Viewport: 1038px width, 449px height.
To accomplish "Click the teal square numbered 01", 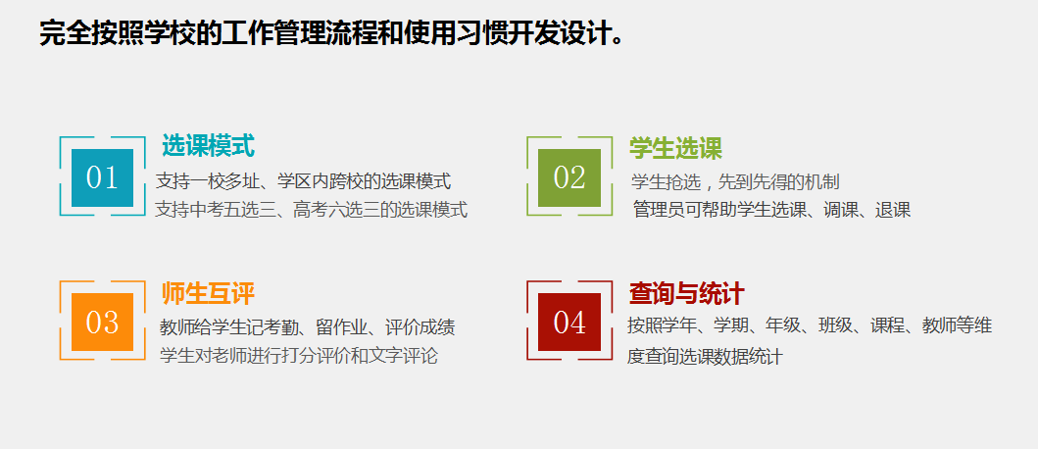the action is point(103,177).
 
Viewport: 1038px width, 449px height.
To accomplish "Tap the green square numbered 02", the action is point(569,177).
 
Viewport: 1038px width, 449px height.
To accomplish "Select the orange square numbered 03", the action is point(103,322).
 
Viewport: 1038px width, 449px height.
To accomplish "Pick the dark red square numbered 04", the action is point(569,322).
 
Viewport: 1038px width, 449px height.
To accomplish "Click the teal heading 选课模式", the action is point(209,146).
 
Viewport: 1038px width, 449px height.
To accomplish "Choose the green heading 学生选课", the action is point(675,148).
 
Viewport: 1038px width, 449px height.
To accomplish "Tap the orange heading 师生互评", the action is point(209,294).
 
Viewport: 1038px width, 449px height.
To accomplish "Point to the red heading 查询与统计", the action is point(686,294).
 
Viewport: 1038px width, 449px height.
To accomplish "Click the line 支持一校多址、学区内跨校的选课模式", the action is point(303,180).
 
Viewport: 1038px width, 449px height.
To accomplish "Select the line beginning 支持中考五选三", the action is point(311,210).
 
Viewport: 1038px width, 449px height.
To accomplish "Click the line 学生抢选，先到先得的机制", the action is point(735,181).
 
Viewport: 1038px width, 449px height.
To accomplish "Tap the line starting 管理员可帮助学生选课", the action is point(771,210).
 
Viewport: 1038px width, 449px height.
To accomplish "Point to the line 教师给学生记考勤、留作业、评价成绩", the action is point(308,327).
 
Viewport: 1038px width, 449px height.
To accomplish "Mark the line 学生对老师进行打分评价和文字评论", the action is point(299,356).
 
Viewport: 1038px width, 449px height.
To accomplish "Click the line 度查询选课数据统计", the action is point(705,357).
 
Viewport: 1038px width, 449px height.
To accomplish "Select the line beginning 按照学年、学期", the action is point(810,325).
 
